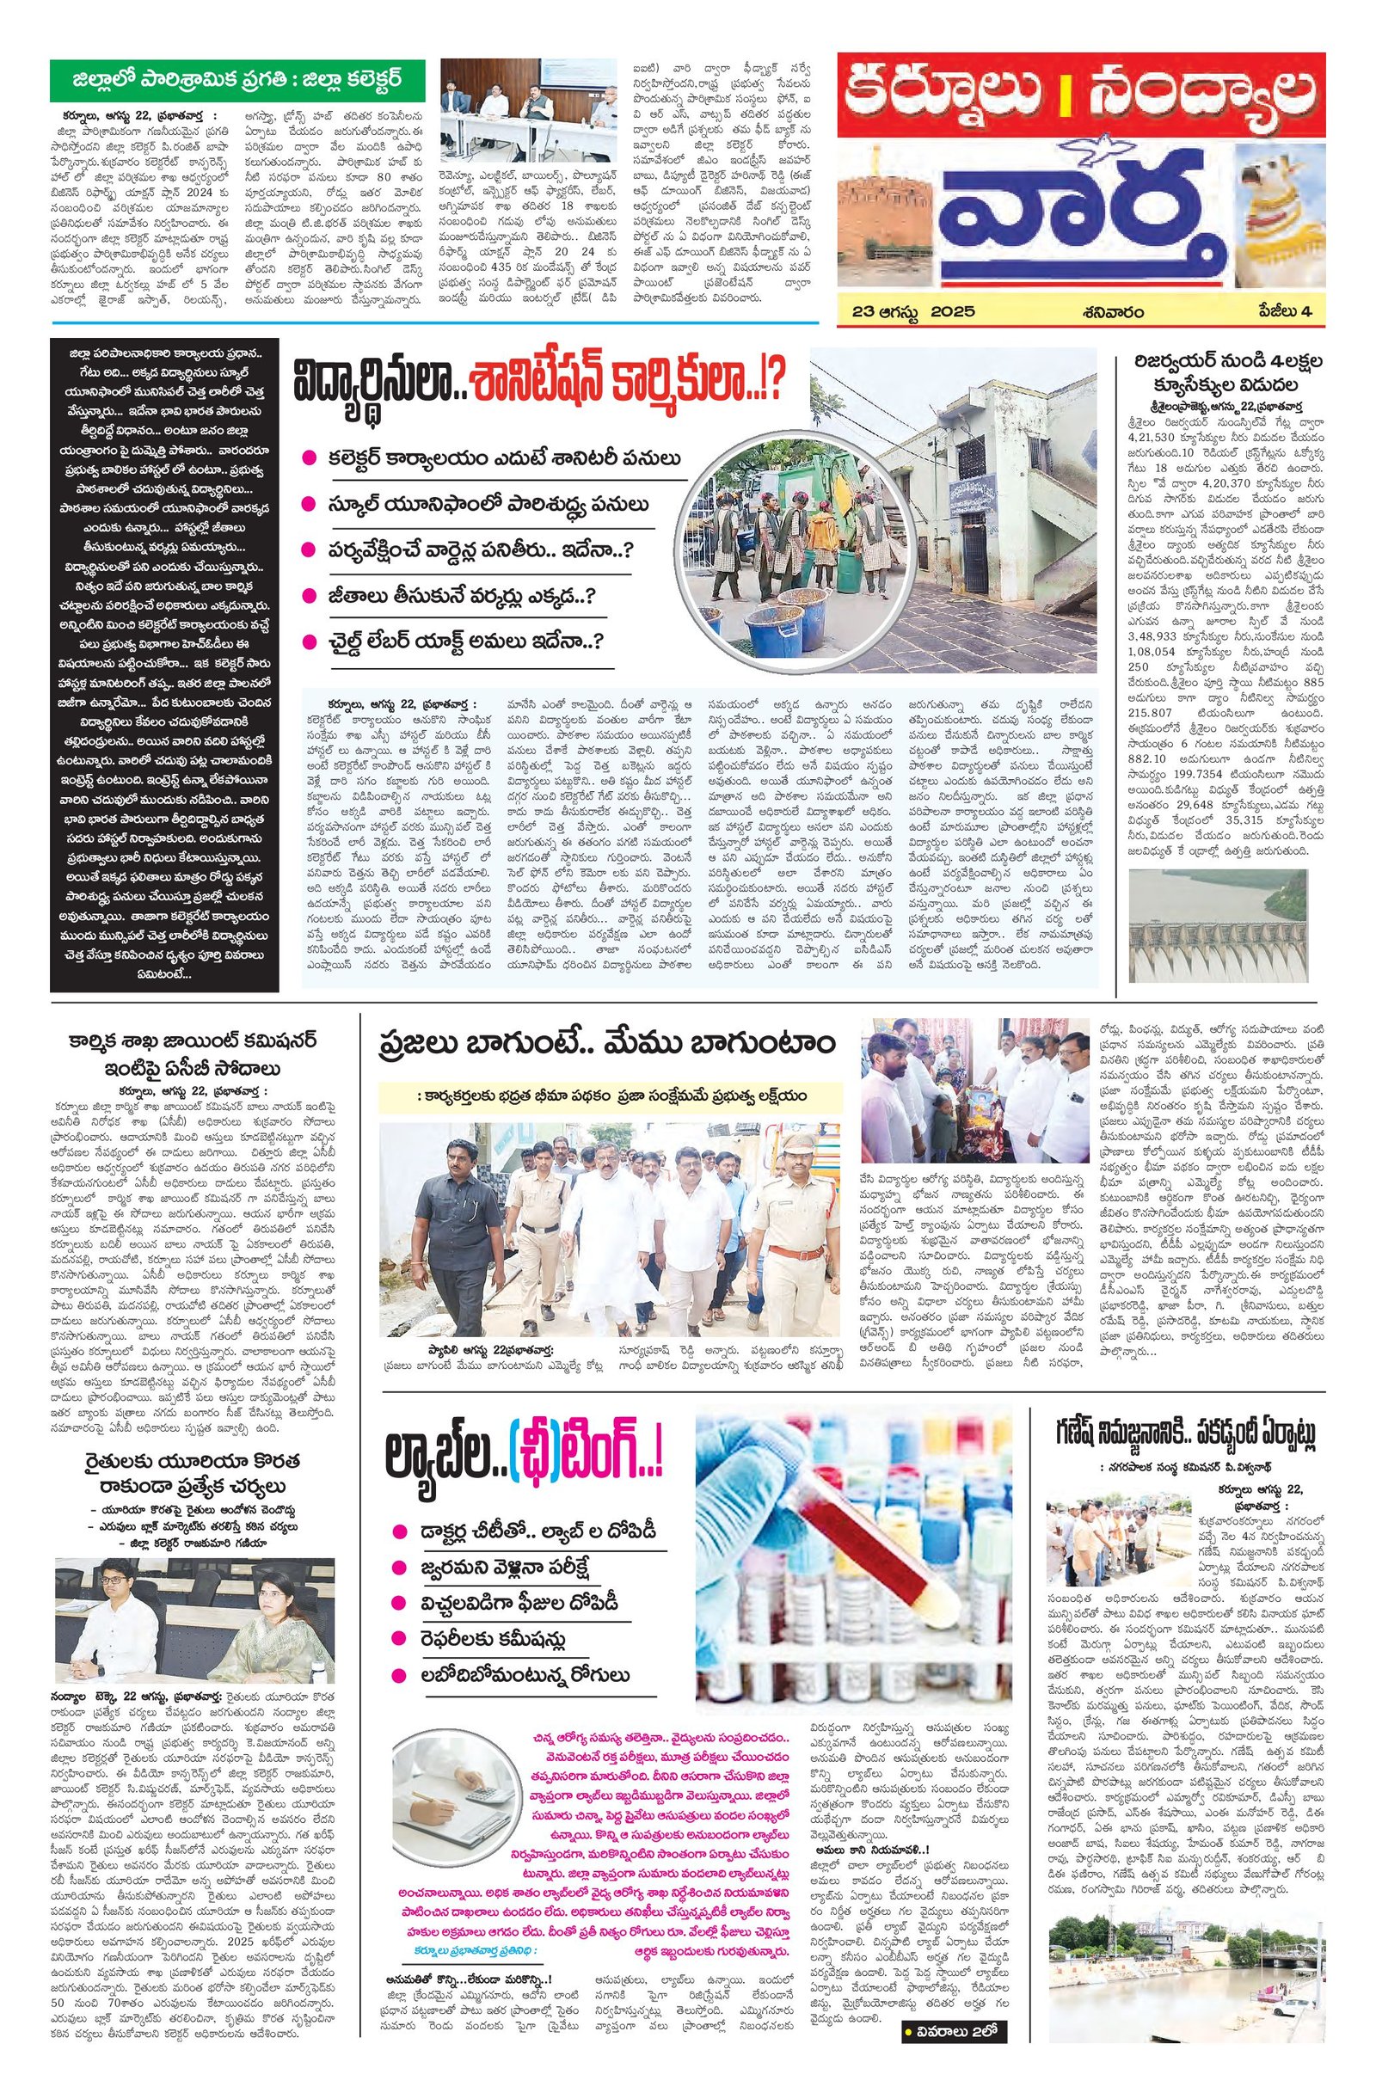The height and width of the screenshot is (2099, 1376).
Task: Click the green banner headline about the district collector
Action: tap(236, 81)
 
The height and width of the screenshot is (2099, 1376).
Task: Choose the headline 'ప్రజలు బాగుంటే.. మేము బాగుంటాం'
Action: tap(606, 1042)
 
